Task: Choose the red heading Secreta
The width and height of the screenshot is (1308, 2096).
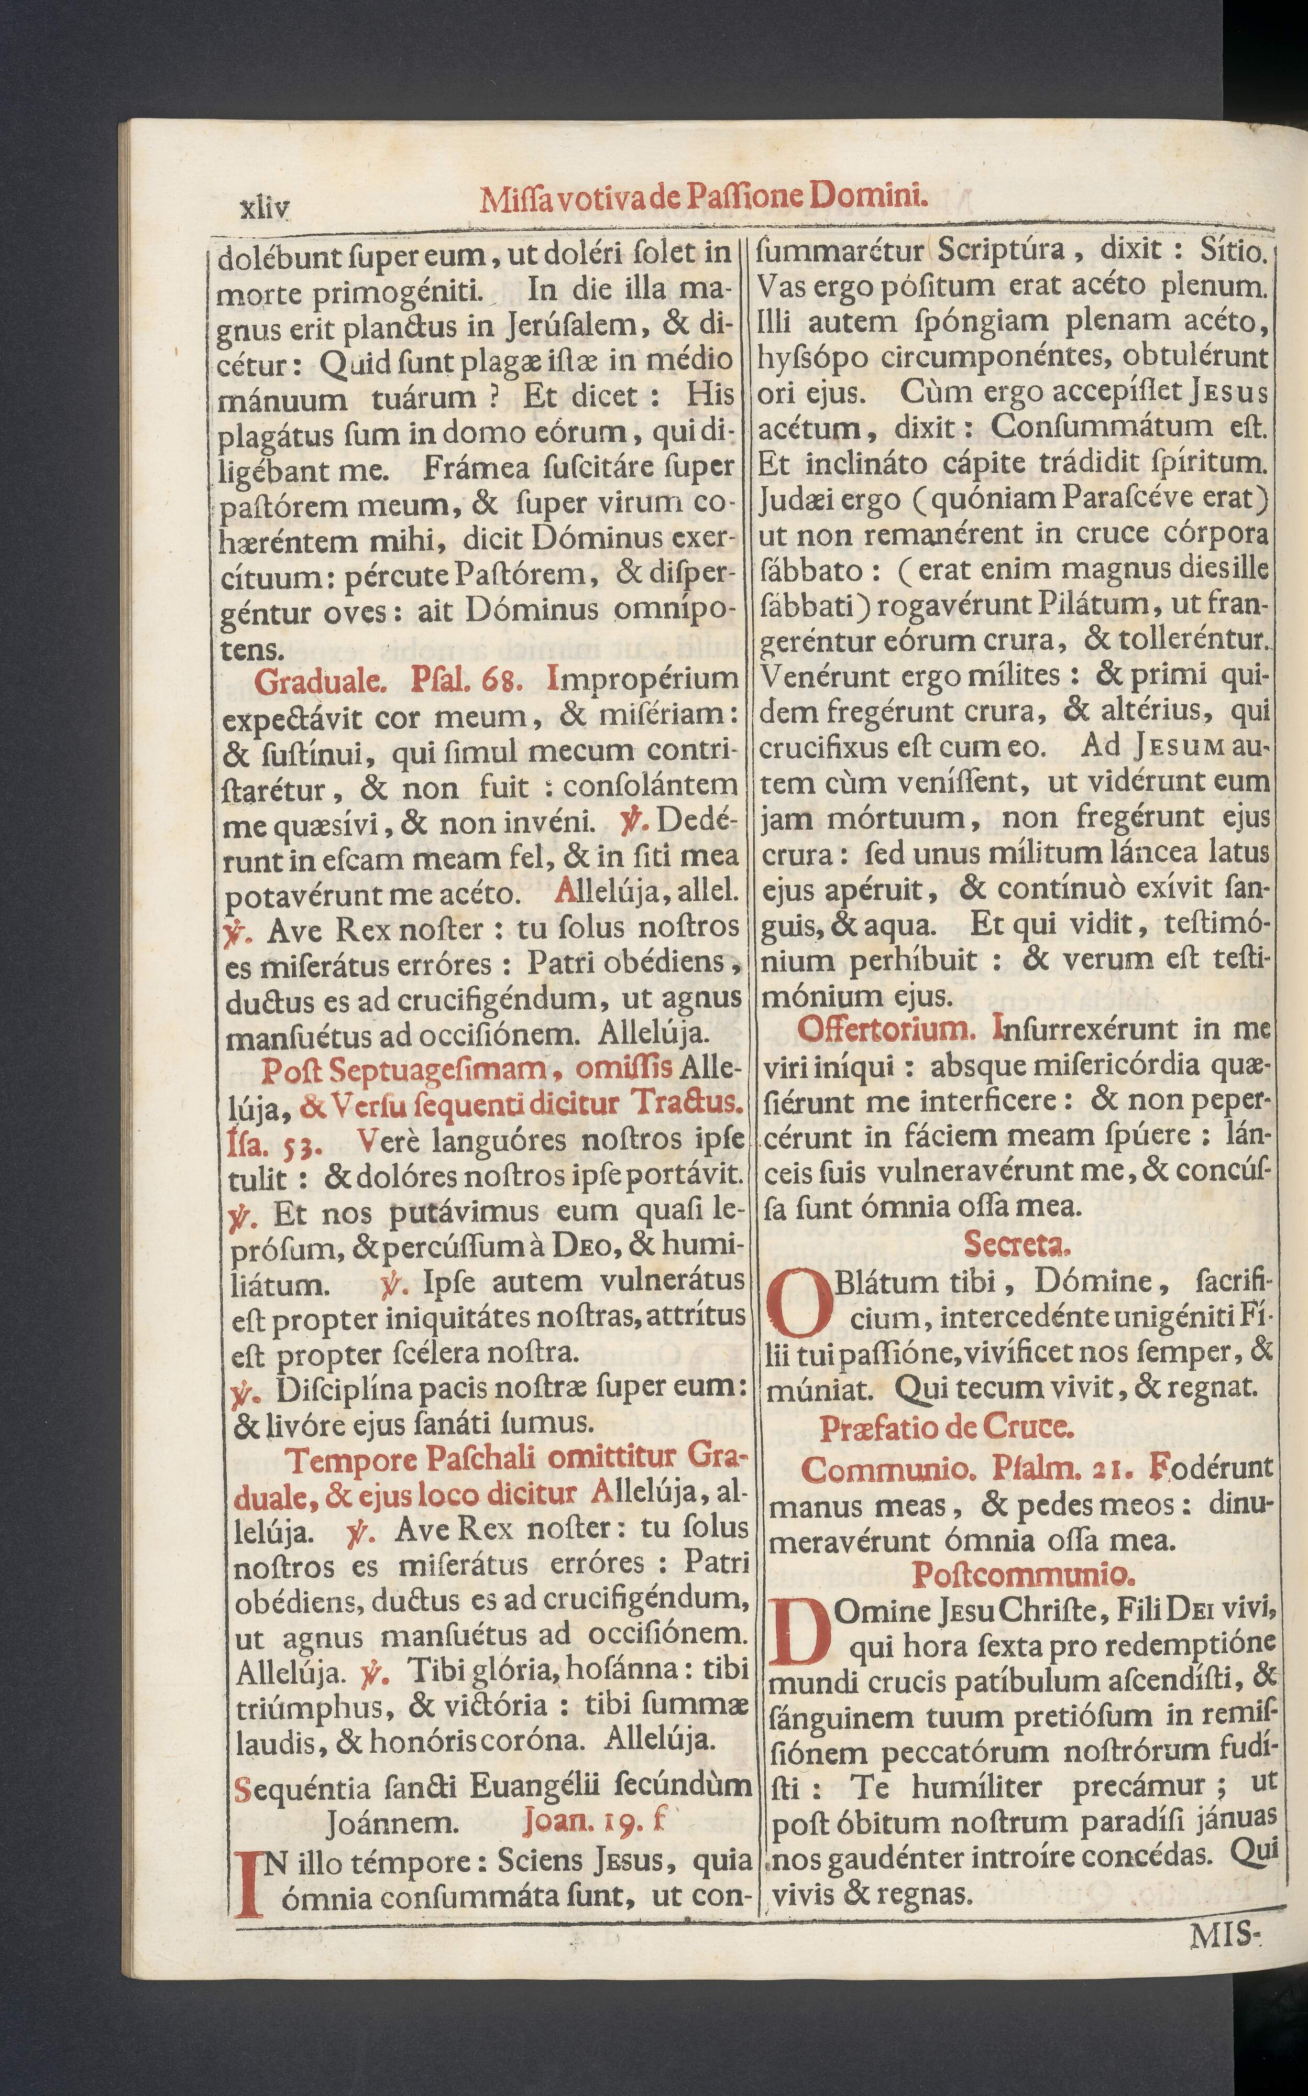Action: click(1016, 1244)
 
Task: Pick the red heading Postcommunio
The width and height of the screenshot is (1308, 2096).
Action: click(1024, 1573)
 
